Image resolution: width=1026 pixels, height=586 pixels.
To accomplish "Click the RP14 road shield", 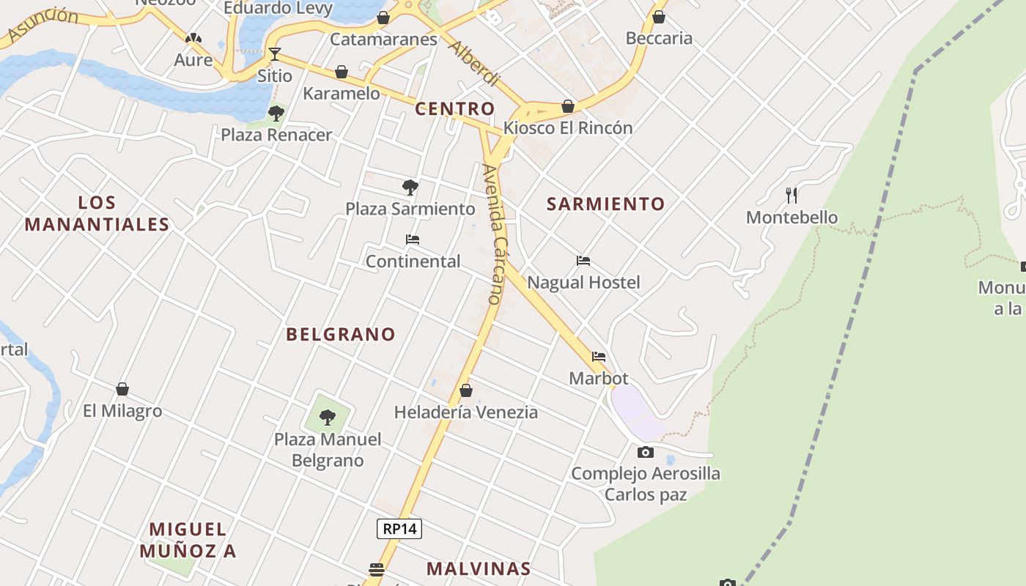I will coord(399,528).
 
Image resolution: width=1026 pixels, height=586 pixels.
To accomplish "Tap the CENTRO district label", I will coord(454,109).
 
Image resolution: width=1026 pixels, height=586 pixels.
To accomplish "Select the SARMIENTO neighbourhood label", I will coord(605,204).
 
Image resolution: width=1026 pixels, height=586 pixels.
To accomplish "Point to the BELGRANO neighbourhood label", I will coord(340,334).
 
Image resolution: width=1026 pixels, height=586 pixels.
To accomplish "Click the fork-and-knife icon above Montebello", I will coord(791,195).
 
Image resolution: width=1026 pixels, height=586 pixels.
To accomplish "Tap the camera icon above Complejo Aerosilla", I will coord(645,452).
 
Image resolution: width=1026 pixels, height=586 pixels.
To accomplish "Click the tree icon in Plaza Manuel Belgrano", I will coord(328,418).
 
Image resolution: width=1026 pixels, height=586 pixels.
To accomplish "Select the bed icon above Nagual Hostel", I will coord(583,261).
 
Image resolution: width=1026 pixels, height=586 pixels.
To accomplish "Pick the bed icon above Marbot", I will coord(599,357).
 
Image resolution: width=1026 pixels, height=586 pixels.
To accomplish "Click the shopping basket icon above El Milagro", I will coord(122,389).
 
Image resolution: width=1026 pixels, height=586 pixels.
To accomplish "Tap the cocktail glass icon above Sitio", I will coord(274,53).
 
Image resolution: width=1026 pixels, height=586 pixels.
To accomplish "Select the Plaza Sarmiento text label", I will coord(410,209).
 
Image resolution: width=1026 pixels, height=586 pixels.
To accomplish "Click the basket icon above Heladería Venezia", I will coord(465,390).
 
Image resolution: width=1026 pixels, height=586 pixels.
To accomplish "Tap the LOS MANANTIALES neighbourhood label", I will coord(97,213).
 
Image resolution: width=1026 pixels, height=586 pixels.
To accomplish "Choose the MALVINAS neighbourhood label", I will coord(478,568).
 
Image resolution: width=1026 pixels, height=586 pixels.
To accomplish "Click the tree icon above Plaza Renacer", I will coord(276,113).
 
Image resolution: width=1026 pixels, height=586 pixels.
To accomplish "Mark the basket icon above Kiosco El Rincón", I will coord(567,106).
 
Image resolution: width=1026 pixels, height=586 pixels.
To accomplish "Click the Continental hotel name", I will coord(413,262).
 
